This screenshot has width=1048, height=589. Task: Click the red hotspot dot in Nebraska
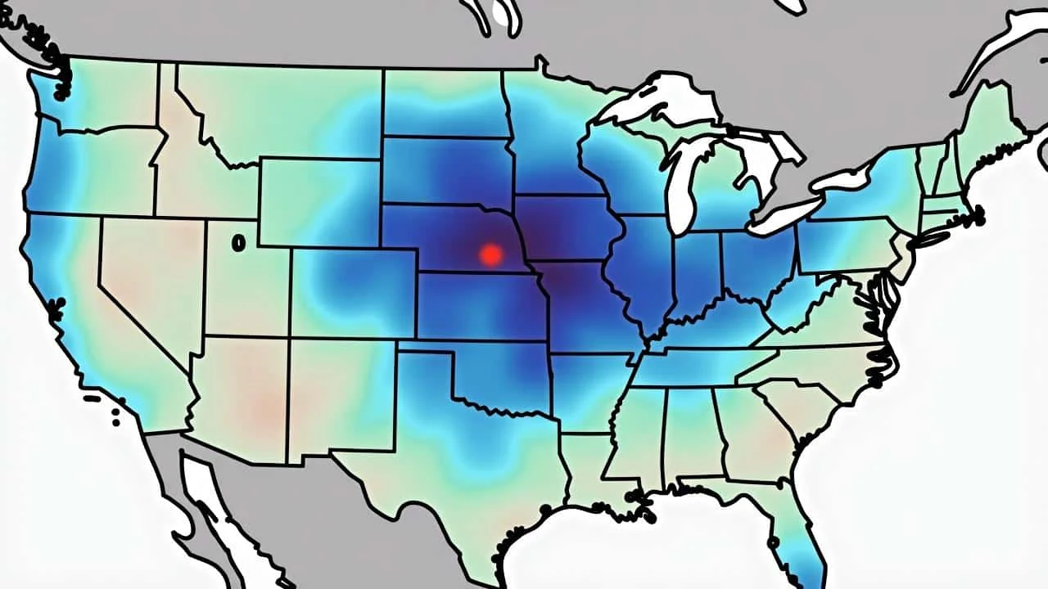490,254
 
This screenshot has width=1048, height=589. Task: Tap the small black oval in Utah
238,243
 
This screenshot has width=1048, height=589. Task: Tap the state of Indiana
696,270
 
